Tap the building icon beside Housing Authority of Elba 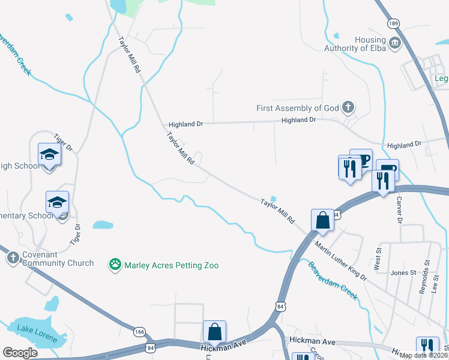pos(396,43)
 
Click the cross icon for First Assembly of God pos(348,108)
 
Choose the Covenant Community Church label pos(57,258)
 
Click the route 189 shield pos(393,23)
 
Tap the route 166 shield pos(140,331)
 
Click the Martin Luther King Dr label pos(340,260)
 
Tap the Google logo pos(20,353)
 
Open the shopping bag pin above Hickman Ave pos(214,331)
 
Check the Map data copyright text pos(423,355)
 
